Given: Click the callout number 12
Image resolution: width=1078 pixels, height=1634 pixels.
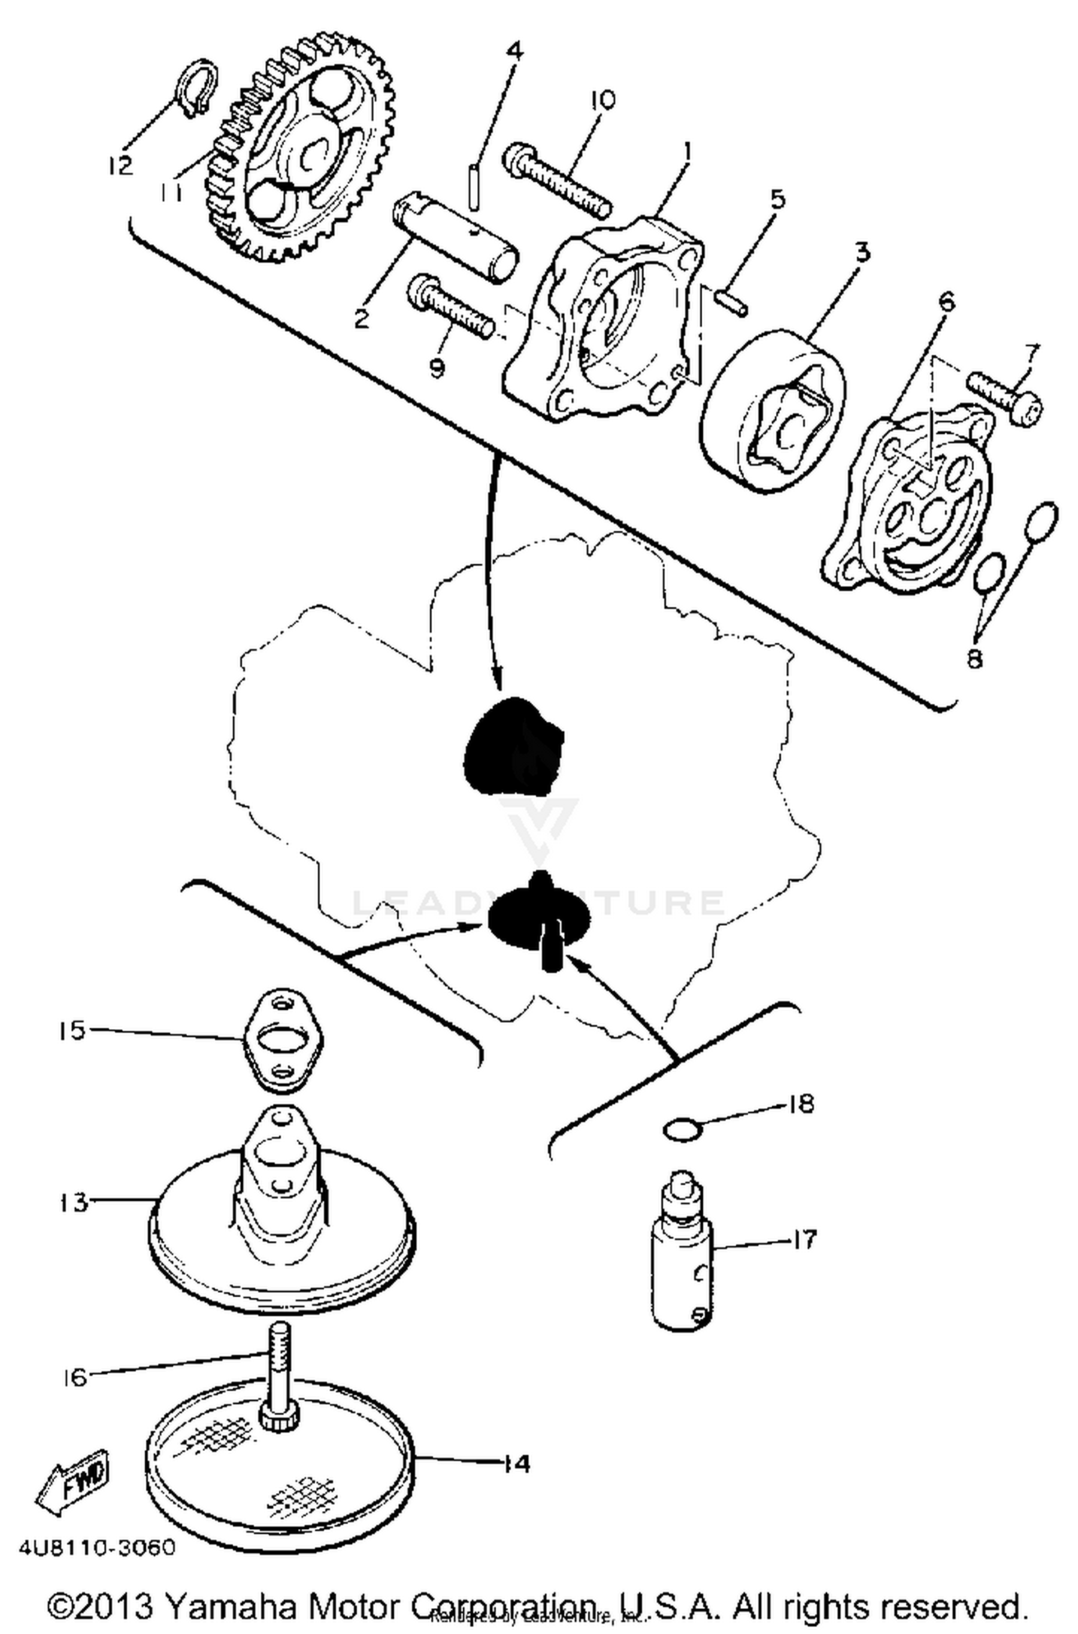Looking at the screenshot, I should [x=121, y=165].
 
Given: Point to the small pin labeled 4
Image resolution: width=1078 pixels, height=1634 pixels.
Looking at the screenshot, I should [x=474, y=186].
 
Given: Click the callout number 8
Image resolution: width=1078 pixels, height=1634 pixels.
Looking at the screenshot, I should [x=974, y=658].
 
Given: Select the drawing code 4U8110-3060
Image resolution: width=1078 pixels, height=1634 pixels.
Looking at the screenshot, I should [x=97, y=1547].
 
